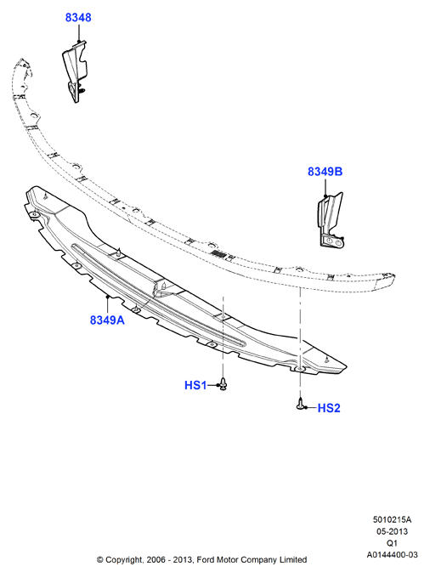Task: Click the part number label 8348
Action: pyautogui.click(x=78, y=17)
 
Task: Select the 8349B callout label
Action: pyautogui.click(x=325, y=172)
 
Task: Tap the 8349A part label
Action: pyautogui.click(x=107, y=320)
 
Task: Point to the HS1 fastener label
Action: pyautogui.click(x=195, y=385)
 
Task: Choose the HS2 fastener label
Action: pyautogui.click(x=329, y=408)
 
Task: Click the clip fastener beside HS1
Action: pyautogui.click(x=223, y=383)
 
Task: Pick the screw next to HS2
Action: pyautogui.click(x=301, y=404)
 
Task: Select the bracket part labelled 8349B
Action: pyautogui.click(x=331, y=219)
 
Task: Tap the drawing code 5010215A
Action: pyautogui.click(x=392, y=519)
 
